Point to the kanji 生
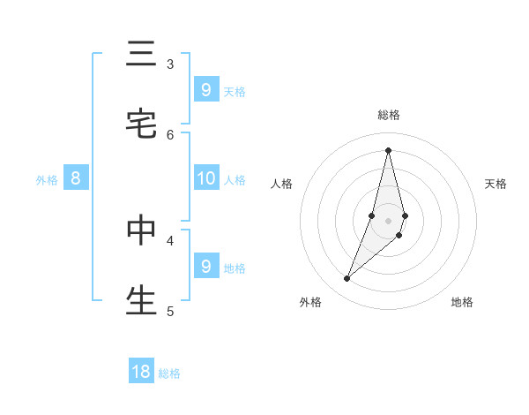141,299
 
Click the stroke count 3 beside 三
170,64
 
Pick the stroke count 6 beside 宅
170,134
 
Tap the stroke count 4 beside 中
170,239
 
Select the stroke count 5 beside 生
170,311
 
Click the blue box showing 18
141,372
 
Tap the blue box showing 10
205,178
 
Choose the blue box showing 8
76,178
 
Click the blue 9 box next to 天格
205,89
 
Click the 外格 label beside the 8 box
47,180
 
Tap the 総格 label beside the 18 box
169,373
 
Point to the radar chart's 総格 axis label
389,115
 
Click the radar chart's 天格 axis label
495,184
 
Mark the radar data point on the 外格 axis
346,279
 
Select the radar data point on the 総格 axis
388,149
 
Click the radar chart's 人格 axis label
281,184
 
